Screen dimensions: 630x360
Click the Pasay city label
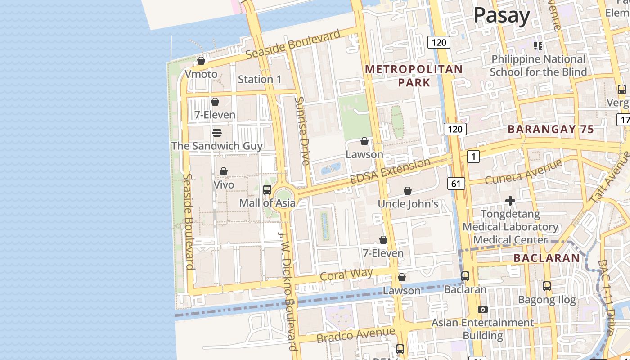point(502,15)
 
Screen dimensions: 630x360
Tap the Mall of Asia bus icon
point(267,189)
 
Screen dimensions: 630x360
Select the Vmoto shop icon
point(201,61)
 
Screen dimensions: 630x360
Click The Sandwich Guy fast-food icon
point(217,132)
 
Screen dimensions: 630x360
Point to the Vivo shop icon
point(224,171)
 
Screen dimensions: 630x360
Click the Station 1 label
point(260,79)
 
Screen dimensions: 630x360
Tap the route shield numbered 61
point(456,183)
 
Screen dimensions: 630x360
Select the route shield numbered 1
point(473,157)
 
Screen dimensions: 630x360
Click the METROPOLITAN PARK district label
point(414,76)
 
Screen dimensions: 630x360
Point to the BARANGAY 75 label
point(551,129)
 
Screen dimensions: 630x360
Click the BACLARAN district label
point(547,258)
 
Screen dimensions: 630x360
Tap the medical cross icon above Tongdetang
point(510,200)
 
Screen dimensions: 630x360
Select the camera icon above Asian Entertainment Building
point(483,309)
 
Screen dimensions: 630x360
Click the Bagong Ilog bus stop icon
point(547,286)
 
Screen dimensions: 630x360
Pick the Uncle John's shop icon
point(408,191)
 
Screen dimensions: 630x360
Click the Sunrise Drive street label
point(301,130)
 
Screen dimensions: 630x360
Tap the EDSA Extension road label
point(390,171)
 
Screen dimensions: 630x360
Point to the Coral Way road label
point(346,274)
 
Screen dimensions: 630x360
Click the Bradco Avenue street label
point(355,335)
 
